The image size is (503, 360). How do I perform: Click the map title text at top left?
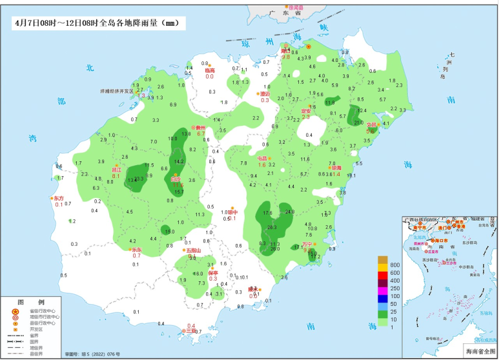click(x=97, y=23)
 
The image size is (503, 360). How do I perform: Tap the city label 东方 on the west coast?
click(x=59, y=198)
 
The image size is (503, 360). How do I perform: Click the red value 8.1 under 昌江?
click(x=116, y=175)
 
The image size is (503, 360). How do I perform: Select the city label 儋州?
click(x=201, y=128)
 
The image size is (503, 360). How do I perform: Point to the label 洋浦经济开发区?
click(x=116, y=92)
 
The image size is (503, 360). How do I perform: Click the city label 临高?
click(x=210, y=70)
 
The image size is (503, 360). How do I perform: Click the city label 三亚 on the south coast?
click(x=190, y=332)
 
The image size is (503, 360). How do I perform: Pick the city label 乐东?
click(x=136, y=250)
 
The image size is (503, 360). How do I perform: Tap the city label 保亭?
click(x=213, y=273)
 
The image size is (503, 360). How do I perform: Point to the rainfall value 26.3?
click(x=272, y=227)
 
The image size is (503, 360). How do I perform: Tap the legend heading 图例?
click(x=30, y=301)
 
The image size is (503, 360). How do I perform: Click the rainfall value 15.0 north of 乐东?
click(x=169, y=232)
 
